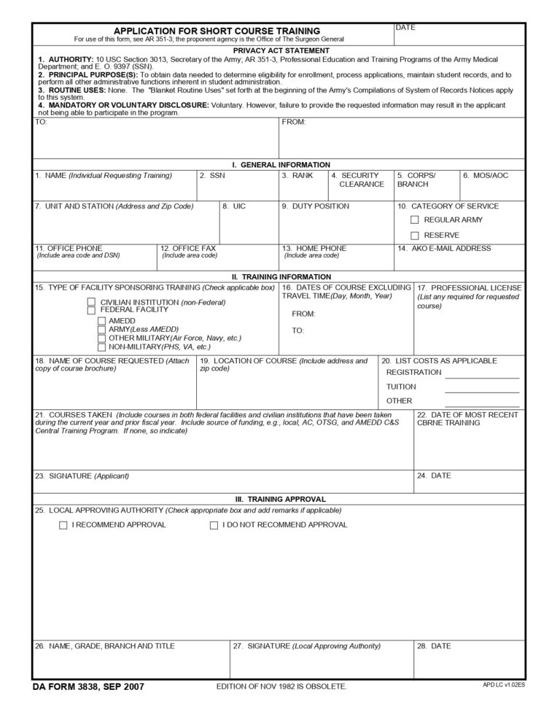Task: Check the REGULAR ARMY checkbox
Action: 414,220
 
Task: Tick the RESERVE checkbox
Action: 414,235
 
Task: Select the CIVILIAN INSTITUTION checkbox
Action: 92,302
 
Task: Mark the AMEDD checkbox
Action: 101,320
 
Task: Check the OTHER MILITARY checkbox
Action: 101,338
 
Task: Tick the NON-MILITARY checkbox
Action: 101,346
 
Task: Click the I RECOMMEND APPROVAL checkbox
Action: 63,525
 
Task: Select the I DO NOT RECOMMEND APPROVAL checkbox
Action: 214,525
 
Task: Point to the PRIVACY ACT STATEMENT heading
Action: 281,50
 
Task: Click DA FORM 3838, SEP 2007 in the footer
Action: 88,686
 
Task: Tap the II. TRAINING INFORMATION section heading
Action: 281,277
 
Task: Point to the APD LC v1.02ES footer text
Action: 503,685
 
